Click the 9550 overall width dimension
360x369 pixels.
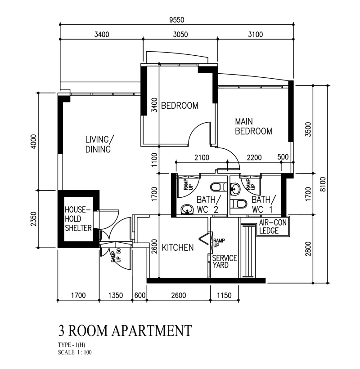tap(177, 20)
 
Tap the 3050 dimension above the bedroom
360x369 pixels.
tap(180, 35)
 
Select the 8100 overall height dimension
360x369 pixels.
tap(323, 184)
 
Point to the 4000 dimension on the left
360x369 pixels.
tap(34, 141)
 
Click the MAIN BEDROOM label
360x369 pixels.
tap(253, 126)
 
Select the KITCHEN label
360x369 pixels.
tap(178, 248)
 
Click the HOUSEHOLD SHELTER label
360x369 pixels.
tap(78, 219)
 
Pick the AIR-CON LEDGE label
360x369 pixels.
tap(273, 227)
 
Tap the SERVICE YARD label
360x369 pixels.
tap(225, 262)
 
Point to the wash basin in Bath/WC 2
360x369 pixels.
tap(187, 209)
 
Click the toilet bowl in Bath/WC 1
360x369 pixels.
tap(238, 204)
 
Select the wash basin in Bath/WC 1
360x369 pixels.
tap(235, 189)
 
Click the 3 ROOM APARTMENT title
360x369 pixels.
tap(125, 330)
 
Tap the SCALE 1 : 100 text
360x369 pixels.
tap(75, 352)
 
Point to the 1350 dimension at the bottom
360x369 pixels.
tap(116, 295)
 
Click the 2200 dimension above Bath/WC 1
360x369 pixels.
tap(254, 157)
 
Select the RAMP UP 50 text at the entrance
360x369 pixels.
tap(116, 256)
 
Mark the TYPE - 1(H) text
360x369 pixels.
tap(72, 345)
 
